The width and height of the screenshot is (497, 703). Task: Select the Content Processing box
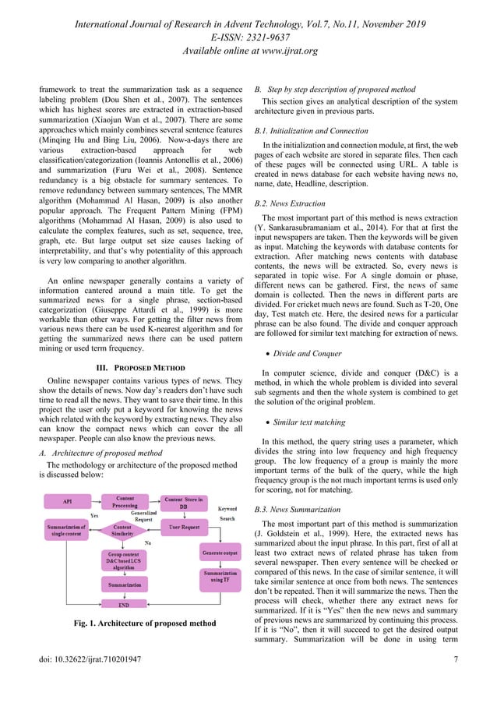(x=125, y=503)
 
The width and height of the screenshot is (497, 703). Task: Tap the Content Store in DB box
(x=184, y=503)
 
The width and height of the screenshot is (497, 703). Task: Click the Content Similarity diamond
(x=122, y=532)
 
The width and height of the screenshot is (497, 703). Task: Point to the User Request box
(x=185, y=528)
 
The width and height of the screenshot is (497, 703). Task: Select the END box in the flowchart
(x=125, y=603)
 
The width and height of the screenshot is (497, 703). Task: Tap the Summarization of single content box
(x=69, y=532)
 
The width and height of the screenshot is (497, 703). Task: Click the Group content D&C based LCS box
(x=125, y=560)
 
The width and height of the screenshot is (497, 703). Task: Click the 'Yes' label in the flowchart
(x=94, y=515)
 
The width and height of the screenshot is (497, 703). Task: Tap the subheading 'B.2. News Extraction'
(x=292, y=202)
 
